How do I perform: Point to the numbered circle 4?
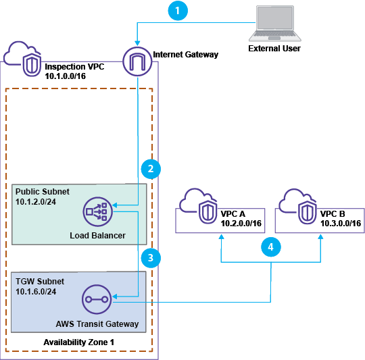coord(270,248)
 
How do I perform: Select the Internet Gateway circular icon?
coord(137,62)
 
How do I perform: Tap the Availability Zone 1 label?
coord(80,342)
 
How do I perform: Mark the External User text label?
coord(274,49)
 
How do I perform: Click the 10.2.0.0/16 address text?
coord(242,223)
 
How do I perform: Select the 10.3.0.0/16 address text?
coord(339,223)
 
